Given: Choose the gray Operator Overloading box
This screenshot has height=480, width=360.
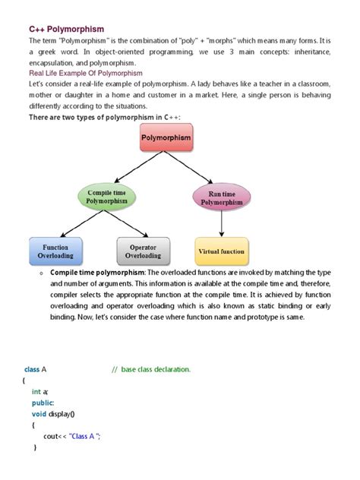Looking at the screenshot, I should tap(143, 251).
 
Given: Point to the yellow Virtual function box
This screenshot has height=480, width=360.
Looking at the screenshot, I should tap(221, 251).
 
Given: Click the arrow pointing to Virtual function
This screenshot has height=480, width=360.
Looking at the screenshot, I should tap(221, 224).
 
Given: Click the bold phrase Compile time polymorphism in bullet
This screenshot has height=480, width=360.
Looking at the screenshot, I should tap(99, 271).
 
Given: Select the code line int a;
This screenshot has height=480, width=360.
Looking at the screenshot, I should tap(40, 392).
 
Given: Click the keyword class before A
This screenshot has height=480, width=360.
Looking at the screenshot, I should tap(31, 369).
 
